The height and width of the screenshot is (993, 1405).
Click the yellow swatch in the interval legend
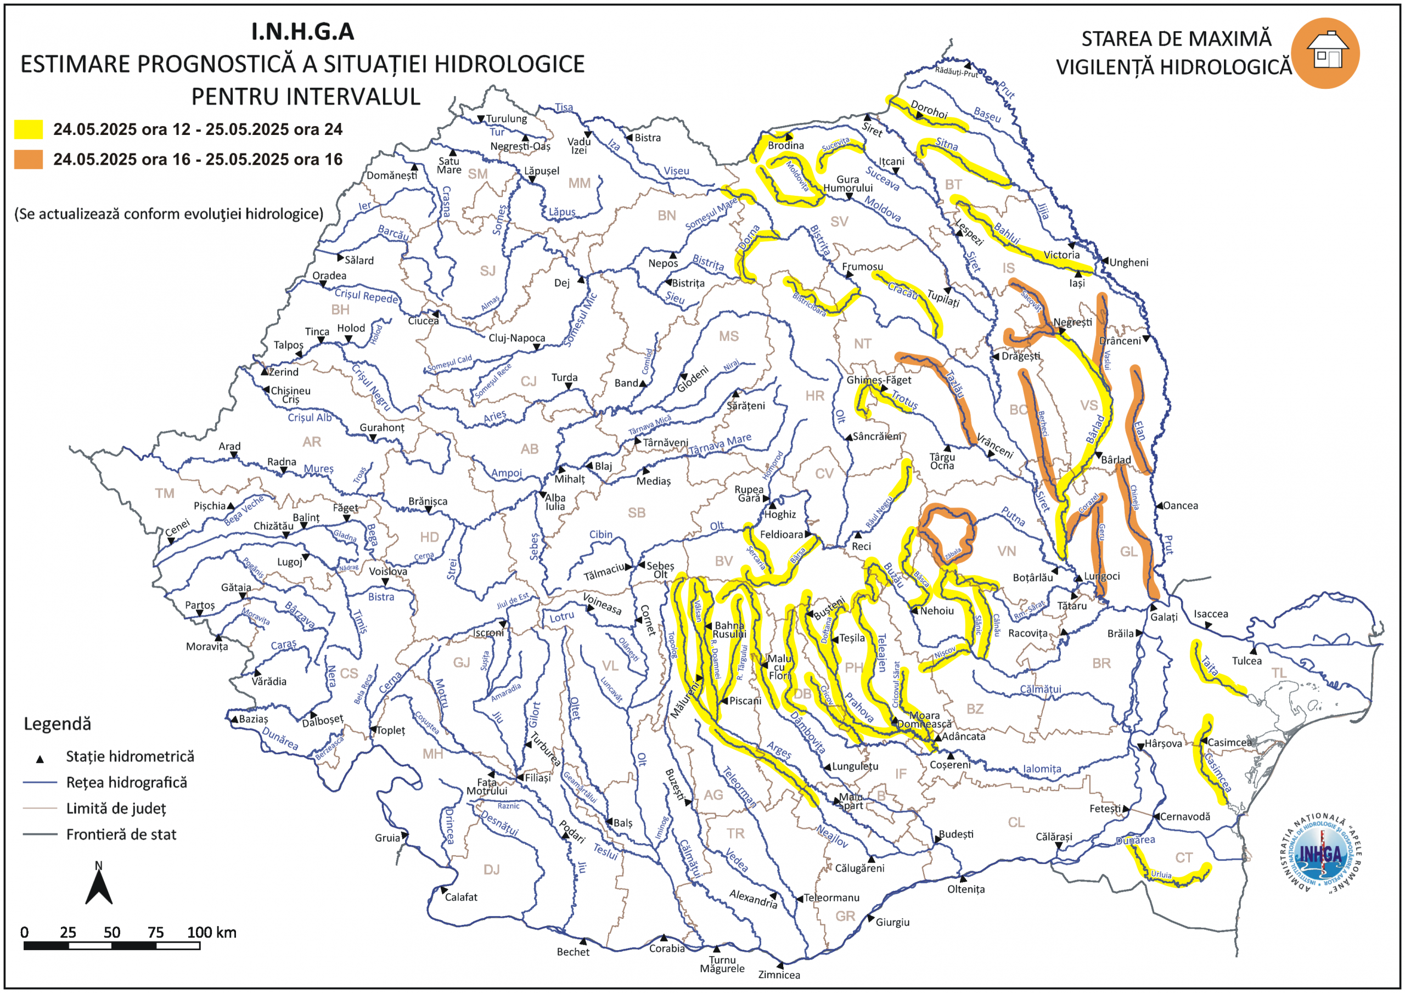(x=28, y=129)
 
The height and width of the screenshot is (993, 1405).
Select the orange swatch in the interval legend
(x=28, y=160)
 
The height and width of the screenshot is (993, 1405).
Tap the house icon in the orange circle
(x=1326, y=52)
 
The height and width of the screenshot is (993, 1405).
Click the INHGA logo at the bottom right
(x=1320, y=854)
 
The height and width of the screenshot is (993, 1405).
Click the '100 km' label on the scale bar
(x=211, y=933)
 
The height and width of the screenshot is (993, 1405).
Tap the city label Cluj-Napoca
(x=516, y=338)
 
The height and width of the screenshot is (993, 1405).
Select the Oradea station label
(x=329, y=276)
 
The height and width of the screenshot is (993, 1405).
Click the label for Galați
(x=1164, y=617)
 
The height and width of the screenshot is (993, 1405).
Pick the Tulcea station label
(x=1246, y=661)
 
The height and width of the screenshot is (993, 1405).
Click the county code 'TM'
(x=165, y=493)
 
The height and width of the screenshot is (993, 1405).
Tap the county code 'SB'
(x=637, y=513)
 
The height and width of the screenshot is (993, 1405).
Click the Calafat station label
(x=461, y=897)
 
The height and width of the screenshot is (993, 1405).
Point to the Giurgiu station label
(x=892, y=922)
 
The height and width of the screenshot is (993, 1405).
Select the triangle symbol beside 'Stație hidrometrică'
(x=40, y=759)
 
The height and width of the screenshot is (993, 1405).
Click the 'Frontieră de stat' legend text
(x=121, y=834)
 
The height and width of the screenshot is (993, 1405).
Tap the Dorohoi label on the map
(x=929, y=109)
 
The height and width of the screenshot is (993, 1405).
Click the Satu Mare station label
(x=449, y=165)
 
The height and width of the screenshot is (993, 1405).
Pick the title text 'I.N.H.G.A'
(x=302, y=32)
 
